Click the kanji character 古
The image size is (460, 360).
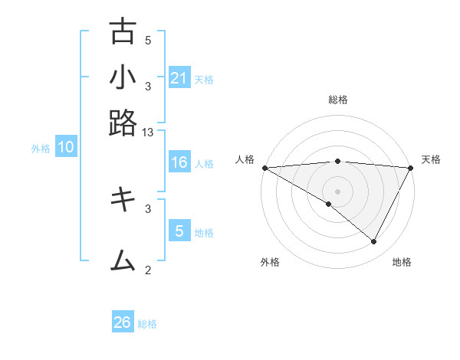[123, 32]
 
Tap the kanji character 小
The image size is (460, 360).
[123, 77]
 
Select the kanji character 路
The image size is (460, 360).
[123, 123]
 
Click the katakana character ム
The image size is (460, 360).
[123, 260]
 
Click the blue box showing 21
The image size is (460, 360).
[179, 77]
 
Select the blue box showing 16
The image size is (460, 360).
[179, 162]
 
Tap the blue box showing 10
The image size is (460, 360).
[65, 148]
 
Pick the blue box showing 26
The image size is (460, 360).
[123, 322]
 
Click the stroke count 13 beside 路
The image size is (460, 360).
[148, 133]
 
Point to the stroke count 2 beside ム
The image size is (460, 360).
[148, 269]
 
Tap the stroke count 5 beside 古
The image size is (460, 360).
[148, 41]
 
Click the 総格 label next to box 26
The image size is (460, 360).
[147, 324]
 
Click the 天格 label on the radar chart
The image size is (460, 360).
[432, 159]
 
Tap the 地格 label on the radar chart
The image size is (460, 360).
[402, 263]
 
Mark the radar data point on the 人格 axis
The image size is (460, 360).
[264, 167]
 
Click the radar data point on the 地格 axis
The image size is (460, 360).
[374, 242]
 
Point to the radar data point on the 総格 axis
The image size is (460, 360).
[337, 161]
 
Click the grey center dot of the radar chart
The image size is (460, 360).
[337, 191]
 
